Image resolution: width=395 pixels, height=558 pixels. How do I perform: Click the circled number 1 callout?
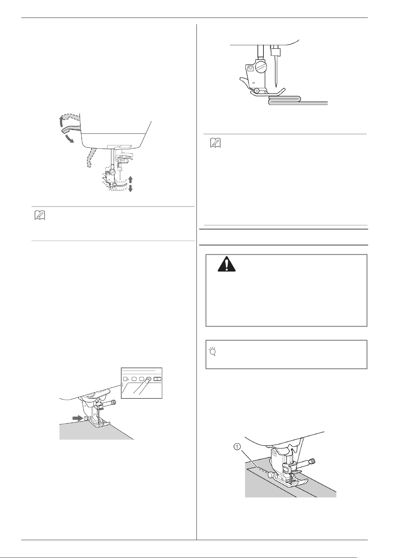coord(237,447)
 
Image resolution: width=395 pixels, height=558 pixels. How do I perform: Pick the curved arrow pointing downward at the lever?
coord(69,138)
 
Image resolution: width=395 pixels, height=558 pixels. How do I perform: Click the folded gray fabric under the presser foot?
coord(298,101)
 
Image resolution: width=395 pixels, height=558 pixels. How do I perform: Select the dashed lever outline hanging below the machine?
coord(90,157)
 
